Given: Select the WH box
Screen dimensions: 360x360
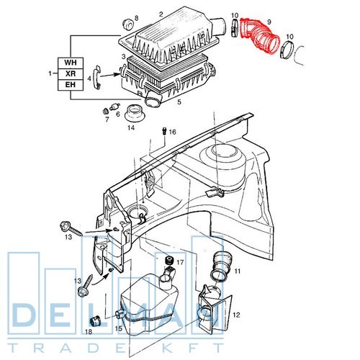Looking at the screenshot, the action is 71,63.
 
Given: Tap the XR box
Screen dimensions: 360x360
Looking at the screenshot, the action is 71,74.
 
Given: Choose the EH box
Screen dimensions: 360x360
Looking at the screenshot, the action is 71,85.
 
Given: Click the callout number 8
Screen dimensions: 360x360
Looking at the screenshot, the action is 136,18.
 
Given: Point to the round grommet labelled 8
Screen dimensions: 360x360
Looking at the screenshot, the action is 128,24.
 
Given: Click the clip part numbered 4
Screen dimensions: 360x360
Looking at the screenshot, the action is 97,77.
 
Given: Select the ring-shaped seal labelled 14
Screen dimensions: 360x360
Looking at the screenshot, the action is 135,113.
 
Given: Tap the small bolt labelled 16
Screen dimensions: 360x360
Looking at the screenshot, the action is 164,131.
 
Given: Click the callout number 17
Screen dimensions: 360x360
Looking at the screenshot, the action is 180,262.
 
